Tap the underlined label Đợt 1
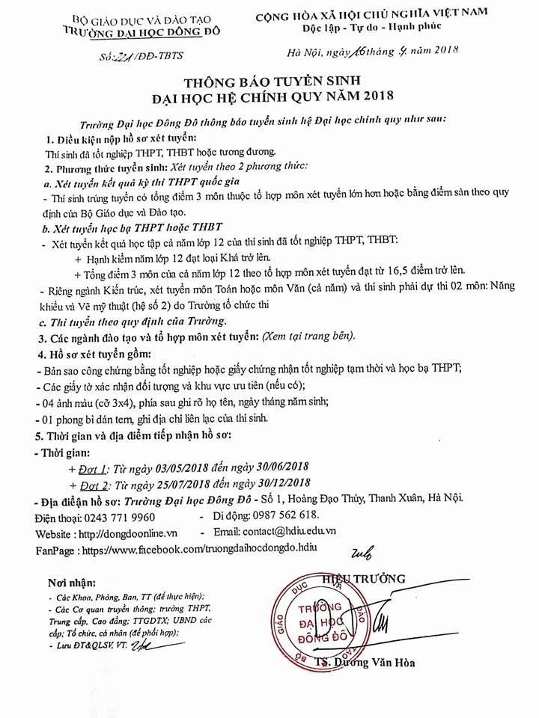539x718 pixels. [x=94, y=468]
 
